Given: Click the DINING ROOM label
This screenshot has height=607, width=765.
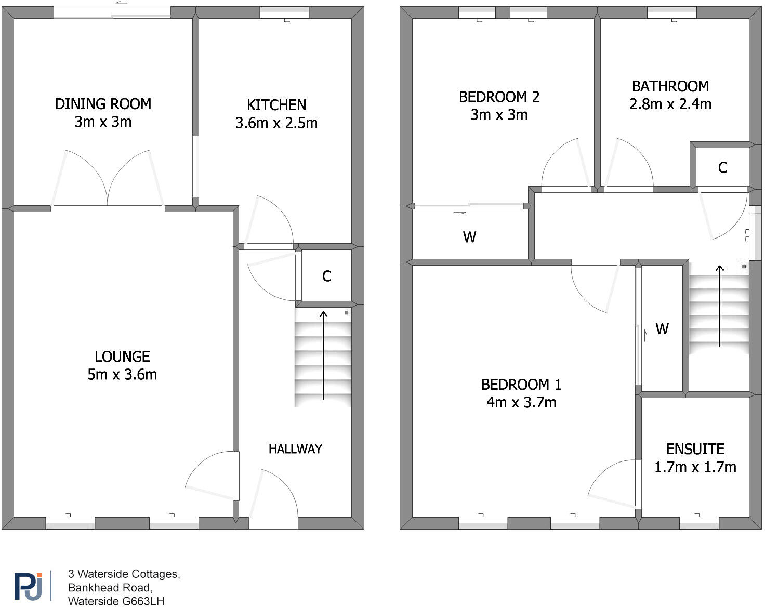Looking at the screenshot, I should click(103, 104).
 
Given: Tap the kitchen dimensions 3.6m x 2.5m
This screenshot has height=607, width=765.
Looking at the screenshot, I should click(276, 123).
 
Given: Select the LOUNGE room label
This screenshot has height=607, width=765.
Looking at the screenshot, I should click(122, 357).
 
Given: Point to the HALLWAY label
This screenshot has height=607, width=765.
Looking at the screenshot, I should click(295, 449).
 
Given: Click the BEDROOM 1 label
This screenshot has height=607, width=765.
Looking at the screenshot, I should click(521, 385).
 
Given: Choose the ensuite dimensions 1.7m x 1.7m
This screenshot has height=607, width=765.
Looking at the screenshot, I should click(695, 467).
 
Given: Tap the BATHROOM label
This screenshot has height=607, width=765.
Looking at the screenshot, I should click(670, 86).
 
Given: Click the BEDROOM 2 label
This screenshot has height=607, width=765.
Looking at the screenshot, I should click(499, 97).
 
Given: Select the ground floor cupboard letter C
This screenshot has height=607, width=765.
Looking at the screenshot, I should click(326, 276).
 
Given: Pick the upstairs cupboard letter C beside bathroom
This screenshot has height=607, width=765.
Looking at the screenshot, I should click(722, 168).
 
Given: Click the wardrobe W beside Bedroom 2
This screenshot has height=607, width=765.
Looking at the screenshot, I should click(469, 237).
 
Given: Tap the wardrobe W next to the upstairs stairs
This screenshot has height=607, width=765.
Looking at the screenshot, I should click(662, 329).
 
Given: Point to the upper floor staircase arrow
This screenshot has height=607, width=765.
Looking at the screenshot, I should click(719, 307).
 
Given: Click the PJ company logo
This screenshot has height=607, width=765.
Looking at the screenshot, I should click(28, 586).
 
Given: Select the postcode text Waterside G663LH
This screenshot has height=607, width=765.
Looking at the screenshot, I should click(116, 601).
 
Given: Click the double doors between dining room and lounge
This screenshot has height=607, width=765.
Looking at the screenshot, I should click(108, 179).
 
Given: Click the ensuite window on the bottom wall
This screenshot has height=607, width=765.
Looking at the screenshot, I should click(699, 522).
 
